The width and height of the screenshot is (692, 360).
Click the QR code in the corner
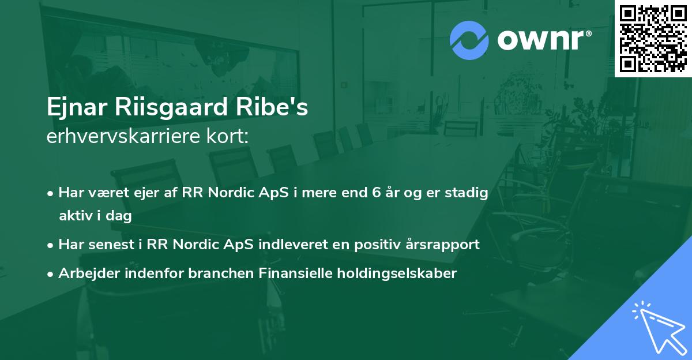(653, 38)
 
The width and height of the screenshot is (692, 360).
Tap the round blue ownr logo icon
(469, 40)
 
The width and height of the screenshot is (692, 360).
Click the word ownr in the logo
(539, 40)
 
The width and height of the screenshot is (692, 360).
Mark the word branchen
(213, 273)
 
